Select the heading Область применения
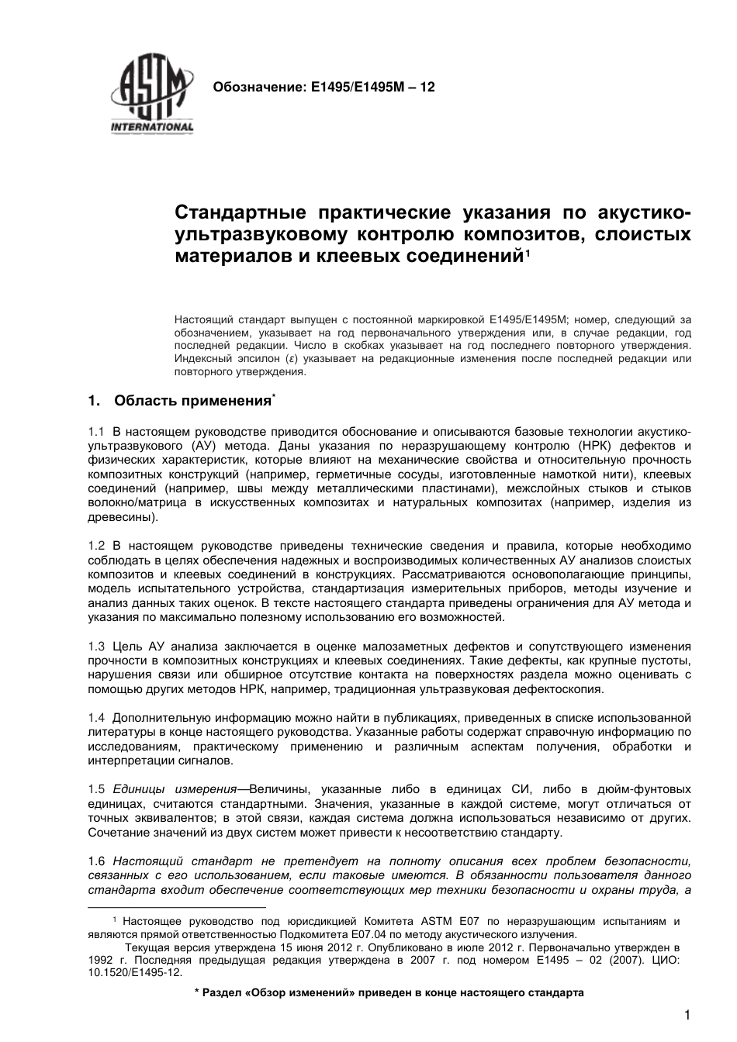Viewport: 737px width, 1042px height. pos(192,401)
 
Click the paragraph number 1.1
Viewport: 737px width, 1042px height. pos(96,431)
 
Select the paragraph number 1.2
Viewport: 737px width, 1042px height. pos(96,546)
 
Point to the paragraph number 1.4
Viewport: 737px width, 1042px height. pos(96,718)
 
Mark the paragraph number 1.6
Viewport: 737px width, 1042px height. pos(96,861)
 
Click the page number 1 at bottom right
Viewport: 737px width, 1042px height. pos(687,1016)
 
